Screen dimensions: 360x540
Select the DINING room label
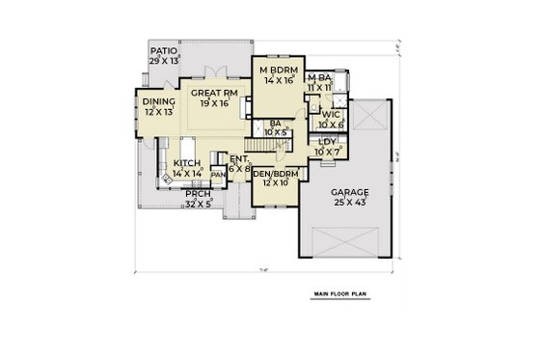(x=157, y=101)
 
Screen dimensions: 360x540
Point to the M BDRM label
(x=277, y=70)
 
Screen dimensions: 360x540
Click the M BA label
(x=319, y=78)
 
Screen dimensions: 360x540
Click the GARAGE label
(x=352, y=192)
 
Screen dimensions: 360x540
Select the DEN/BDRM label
(x=277, y=173)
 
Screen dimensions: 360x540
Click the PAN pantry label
(x=218, y=175)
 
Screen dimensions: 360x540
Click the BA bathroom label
(x=275, y=124)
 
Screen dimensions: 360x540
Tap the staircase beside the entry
(x=271, y=144)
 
